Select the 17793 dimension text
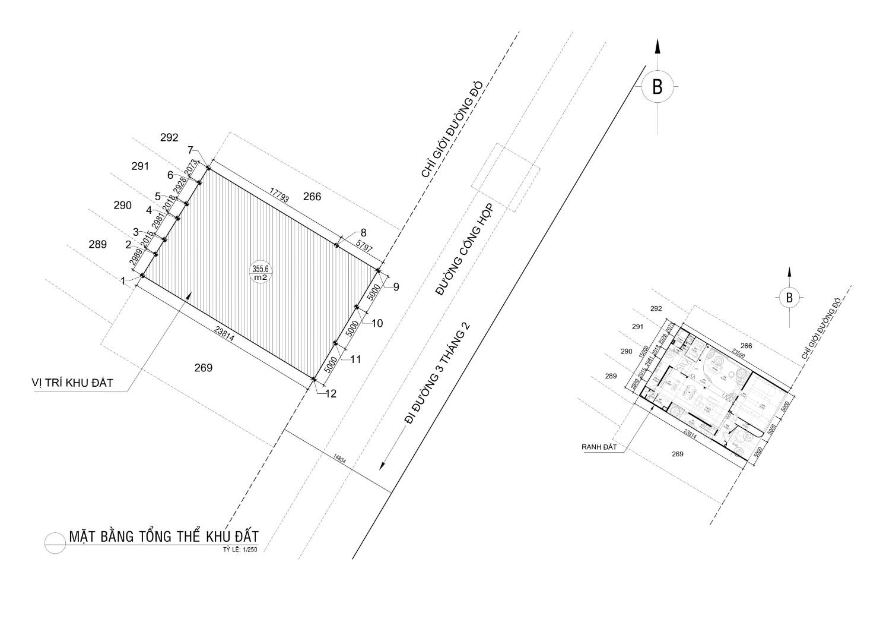click(278, 195)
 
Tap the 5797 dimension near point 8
click(364, 246)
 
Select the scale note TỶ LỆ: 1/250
click(240, 550)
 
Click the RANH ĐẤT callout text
click(598, 447)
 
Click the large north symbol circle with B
click(657, 87)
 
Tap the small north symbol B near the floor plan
click(789, 298)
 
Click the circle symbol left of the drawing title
click(55, 542)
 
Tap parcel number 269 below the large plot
click(204, 368)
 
